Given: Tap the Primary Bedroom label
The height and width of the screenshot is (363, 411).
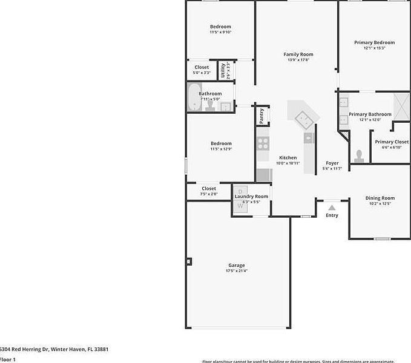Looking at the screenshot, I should [374, 42].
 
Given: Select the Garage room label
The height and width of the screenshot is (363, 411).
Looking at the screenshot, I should [236, 265].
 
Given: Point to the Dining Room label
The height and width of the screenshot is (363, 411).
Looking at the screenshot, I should [380, 198].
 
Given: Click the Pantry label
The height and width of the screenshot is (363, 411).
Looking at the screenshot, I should [261, 115].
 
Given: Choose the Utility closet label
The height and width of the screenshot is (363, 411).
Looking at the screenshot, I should [223, 71].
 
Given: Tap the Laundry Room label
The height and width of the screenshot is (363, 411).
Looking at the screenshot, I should [251, 196].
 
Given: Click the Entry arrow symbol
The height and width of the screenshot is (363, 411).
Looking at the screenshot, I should [332, 208].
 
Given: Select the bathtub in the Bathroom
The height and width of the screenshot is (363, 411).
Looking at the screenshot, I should [194, 97].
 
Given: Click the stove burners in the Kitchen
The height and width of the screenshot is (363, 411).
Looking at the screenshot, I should [263, 143].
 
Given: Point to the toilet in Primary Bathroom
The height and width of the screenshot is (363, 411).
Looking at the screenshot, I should [359, 157].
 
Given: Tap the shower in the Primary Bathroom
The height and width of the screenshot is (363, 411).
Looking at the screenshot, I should [402, 106].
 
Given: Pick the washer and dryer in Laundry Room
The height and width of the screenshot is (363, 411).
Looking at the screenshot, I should [240, 199].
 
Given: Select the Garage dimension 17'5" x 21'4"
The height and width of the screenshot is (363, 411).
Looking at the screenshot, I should [236, 270].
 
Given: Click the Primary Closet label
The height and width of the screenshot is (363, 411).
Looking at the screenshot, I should [391, 142].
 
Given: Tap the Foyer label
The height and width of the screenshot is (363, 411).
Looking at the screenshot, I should [332, 163].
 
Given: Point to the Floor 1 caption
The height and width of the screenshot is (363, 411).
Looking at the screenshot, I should [8, 359].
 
